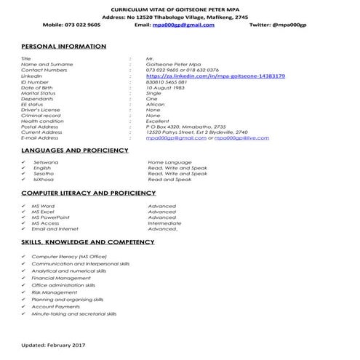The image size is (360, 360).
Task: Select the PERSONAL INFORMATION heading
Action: coord(64,47)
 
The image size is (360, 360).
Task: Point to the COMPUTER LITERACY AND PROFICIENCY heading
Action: coord(88,194)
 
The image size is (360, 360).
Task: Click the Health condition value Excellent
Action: coord(159,121)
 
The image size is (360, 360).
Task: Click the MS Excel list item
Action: coord(44,212)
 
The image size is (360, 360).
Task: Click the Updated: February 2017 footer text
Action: coord(54,343)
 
